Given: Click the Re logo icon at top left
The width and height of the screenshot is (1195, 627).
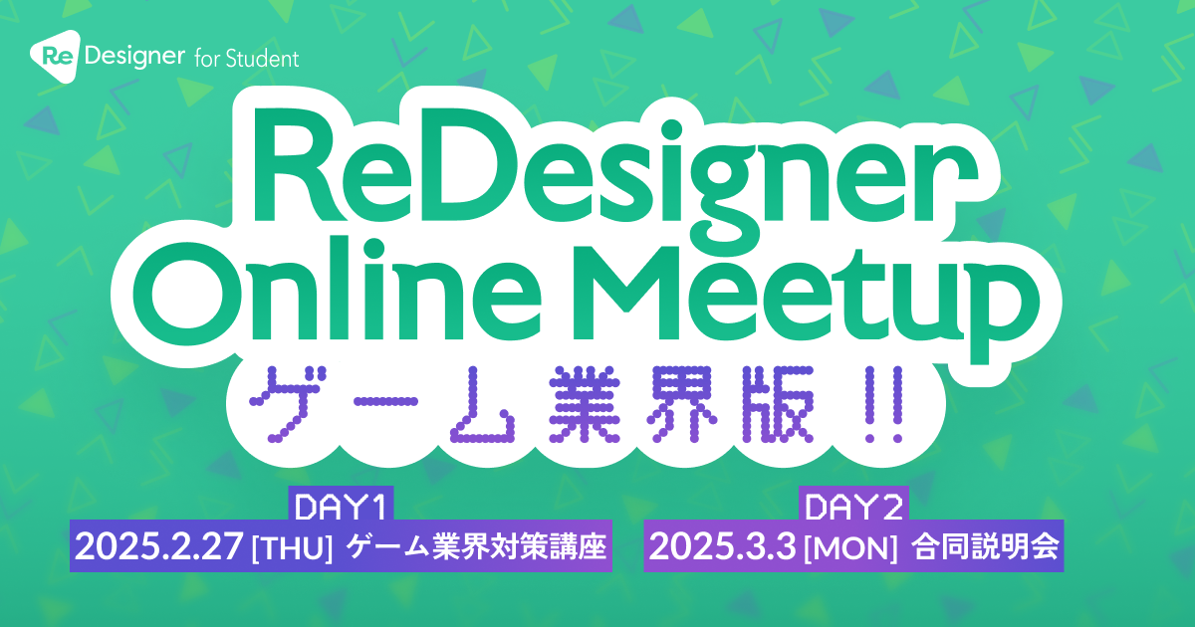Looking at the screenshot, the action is (x=56, y=56).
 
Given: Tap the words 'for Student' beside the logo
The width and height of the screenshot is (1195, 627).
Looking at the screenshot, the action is (x=247, y=58).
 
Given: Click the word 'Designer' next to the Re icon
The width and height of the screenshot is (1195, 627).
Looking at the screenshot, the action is (x=134, y=57).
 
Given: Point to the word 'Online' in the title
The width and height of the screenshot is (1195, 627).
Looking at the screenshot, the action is (x=338, y=288).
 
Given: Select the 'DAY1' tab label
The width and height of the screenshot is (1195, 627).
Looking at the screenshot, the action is (x=341, y=507).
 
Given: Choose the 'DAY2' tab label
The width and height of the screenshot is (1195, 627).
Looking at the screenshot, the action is (x=854, y=507).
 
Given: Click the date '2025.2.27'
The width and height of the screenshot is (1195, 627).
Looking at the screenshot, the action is (x=159, y=546).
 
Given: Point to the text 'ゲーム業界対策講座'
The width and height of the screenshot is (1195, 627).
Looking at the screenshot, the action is (x=476, y=547).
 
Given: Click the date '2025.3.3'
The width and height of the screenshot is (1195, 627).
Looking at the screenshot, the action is (x=722, y=546).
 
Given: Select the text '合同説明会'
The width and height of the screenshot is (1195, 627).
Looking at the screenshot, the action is (x=985, y=547).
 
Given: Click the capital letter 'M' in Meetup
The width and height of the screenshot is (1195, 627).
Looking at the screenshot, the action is (x=625, y=293).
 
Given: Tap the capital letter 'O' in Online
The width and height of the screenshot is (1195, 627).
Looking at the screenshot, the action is (x=189, y=296).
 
